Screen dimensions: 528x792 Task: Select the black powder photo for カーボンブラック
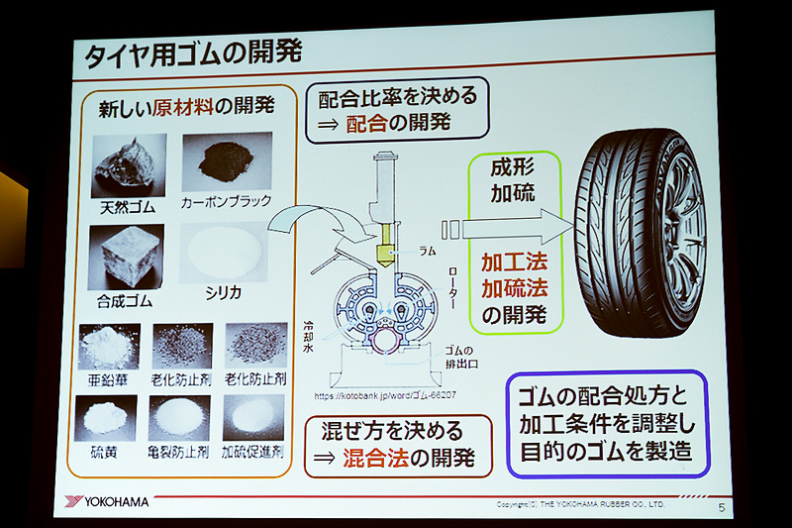click(226, 160)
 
